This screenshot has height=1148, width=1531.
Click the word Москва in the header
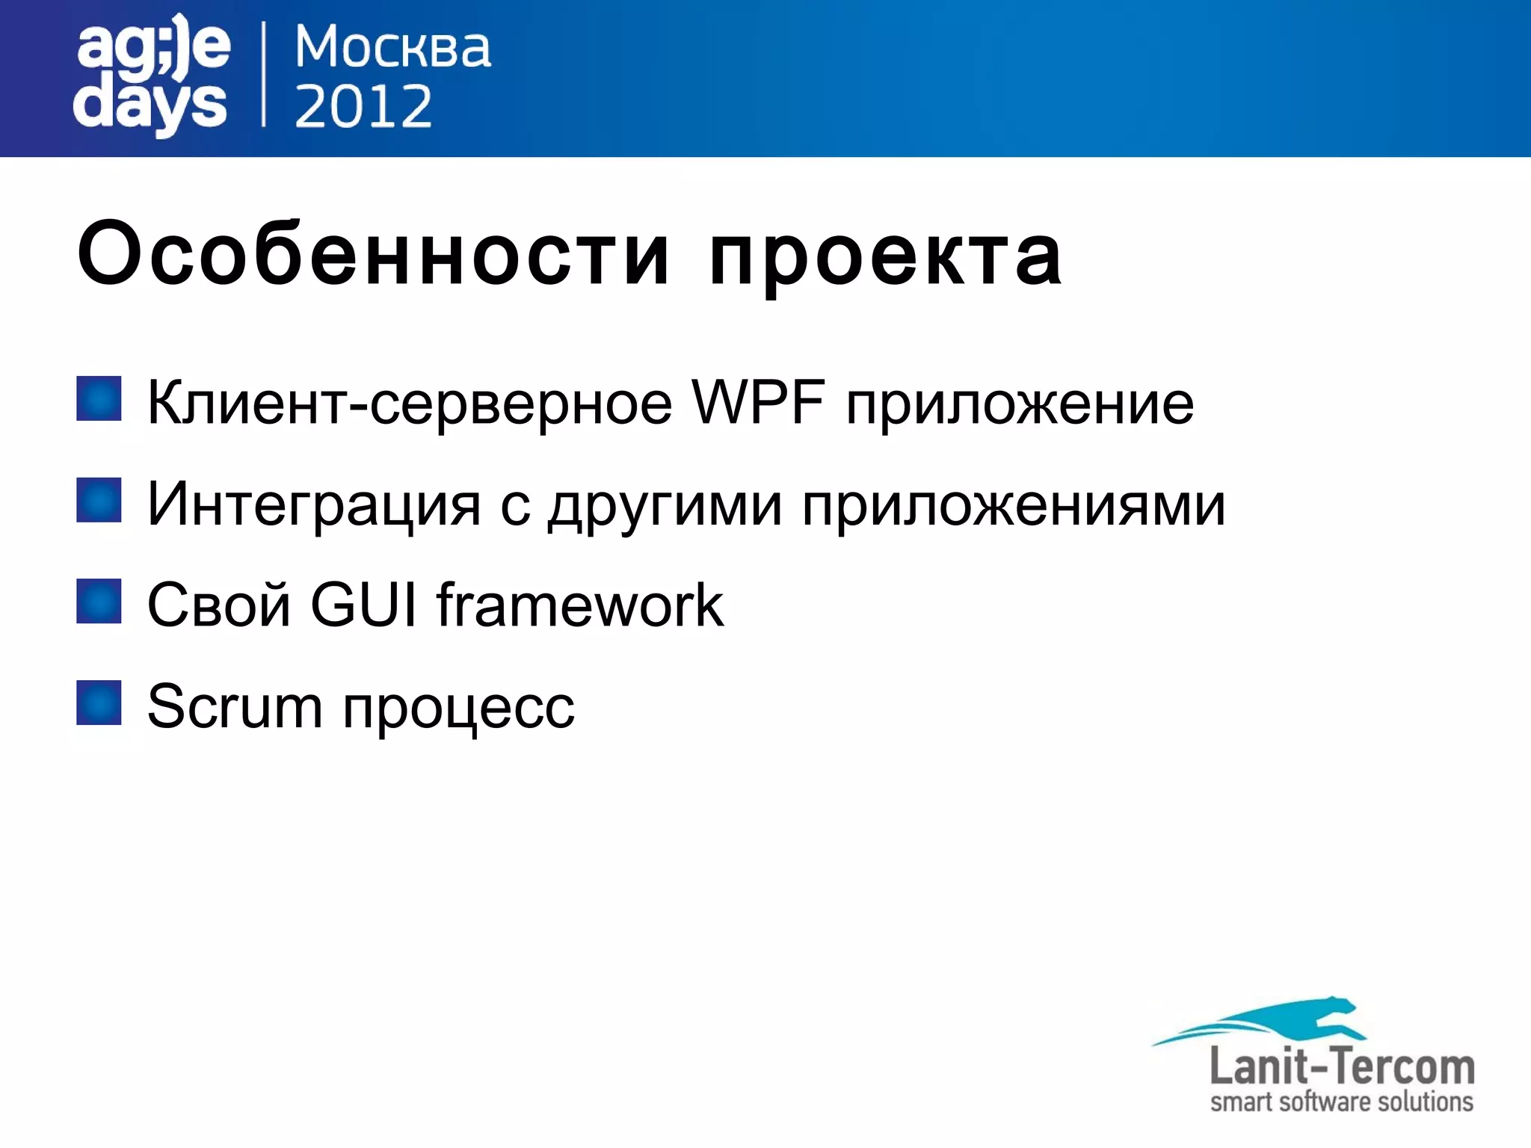coord(392,49)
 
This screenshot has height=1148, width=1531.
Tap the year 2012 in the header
coord(363,106)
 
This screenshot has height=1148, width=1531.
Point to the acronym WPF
coord(758,402)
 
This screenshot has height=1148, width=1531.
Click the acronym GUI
coord(363,604)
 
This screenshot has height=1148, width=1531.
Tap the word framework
coord(580,604)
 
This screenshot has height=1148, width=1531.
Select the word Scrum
coord(235,706)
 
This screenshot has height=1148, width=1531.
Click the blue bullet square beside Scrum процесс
coord(99,703)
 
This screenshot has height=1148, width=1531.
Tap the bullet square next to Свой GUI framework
coord(99,601)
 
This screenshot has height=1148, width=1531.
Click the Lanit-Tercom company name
coord(1342,1067)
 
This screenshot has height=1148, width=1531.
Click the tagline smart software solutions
coord(1342,1102)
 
